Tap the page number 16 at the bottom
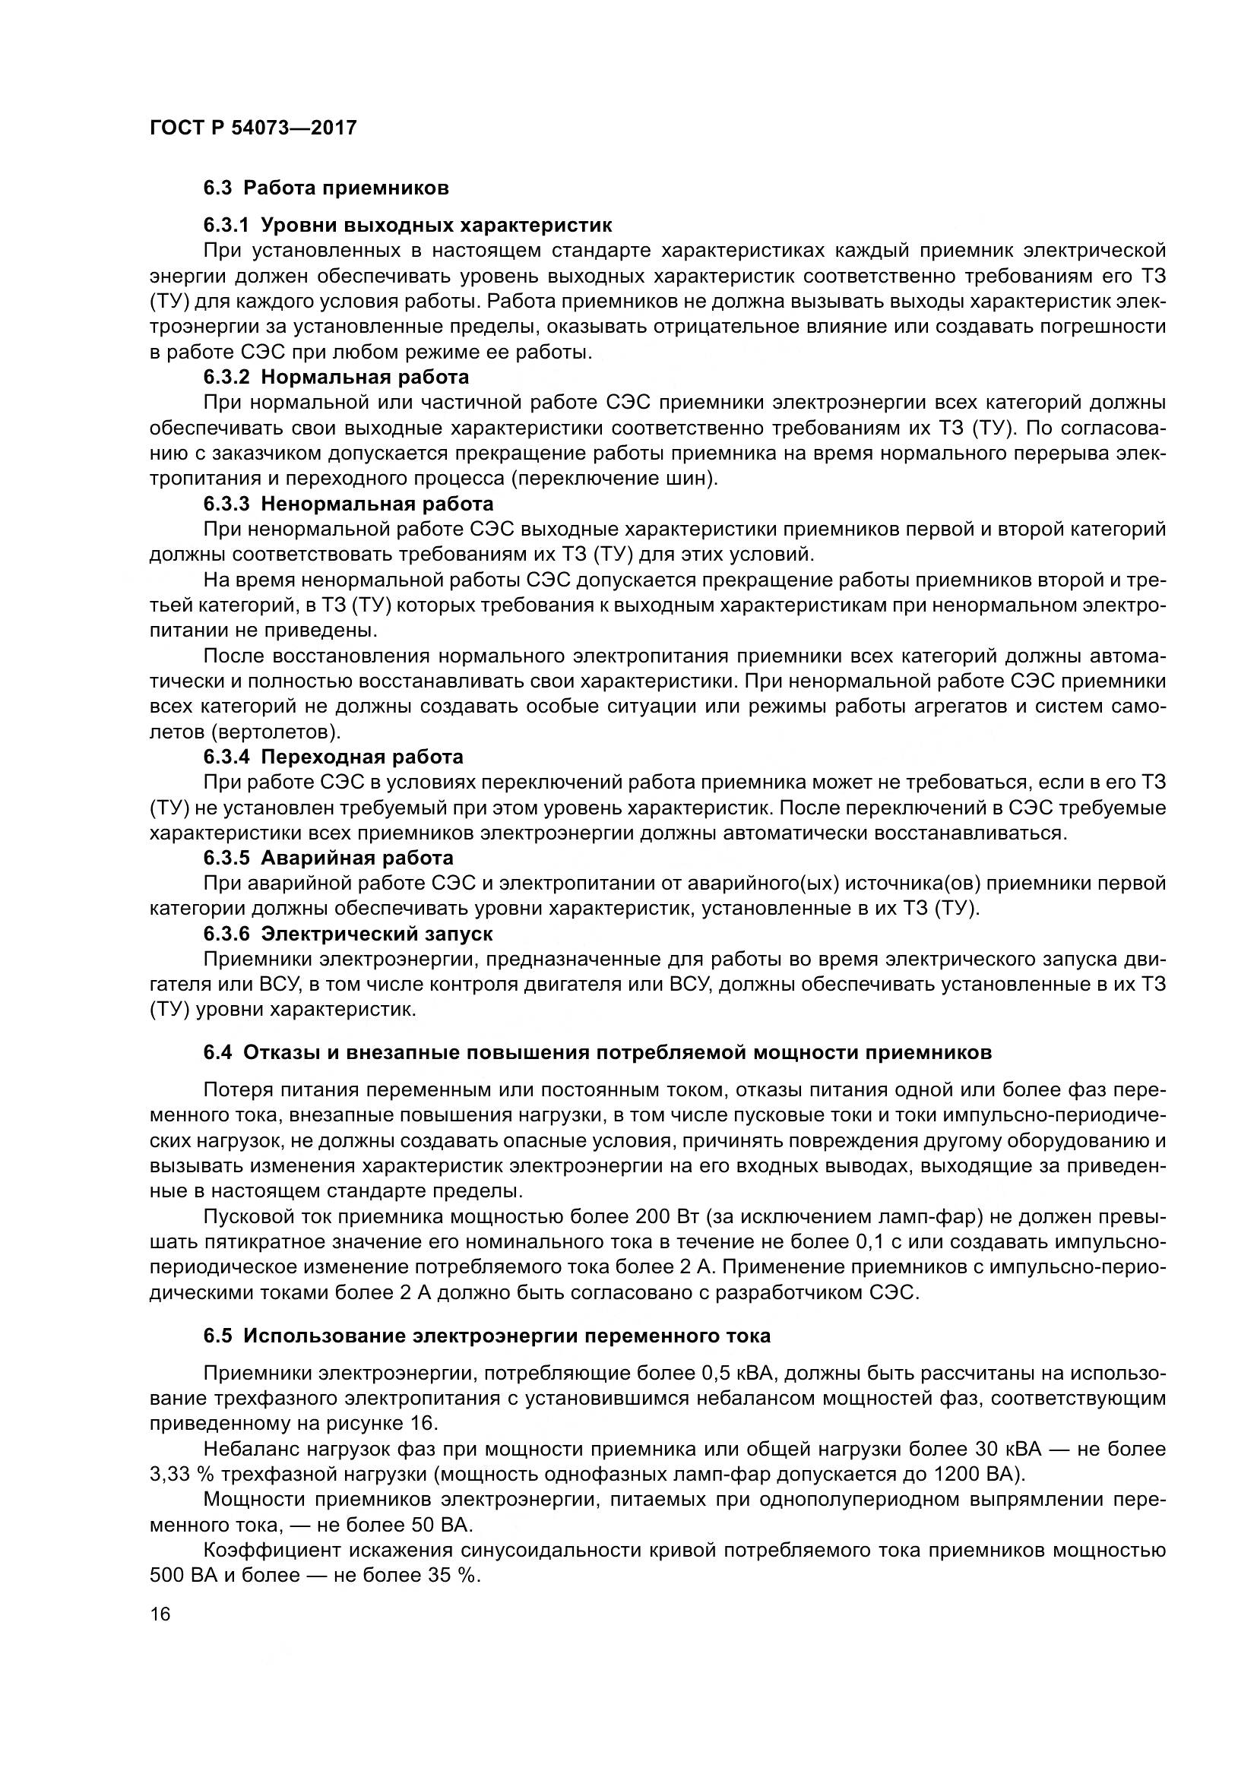point(160,1614)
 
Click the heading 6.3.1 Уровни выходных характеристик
point(407,225)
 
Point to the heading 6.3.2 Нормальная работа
point(336,377)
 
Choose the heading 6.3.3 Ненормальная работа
point(348,504)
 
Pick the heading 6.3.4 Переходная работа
point(333,756)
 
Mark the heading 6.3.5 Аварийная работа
point(328,858)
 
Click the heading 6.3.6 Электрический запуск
point(347,934)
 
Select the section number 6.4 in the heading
point(217,1051)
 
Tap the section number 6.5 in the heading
point(217,1336)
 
